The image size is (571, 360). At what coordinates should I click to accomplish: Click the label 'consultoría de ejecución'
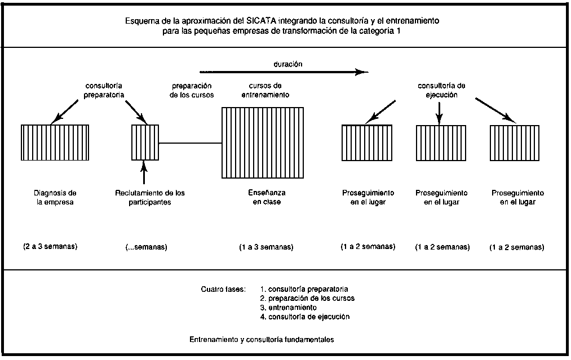441,90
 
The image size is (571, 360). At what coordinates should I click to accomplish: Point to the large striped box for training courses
263,143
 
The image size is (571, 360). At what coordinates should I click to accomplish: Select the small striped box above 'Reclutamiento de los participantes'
145,143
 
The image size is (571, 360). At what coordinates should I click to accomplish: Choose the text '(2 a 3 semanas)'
50,247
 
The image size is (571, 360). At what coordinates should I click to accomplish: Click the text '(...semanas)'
146,247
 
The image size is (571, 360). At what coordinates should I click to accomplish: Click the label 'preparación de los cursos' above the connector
192,90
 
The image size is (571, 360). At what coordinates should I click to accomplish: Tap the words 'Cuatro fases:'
223,290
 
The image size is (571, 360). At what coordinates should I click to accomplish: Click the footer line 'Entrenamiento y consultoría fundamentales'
262,340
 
